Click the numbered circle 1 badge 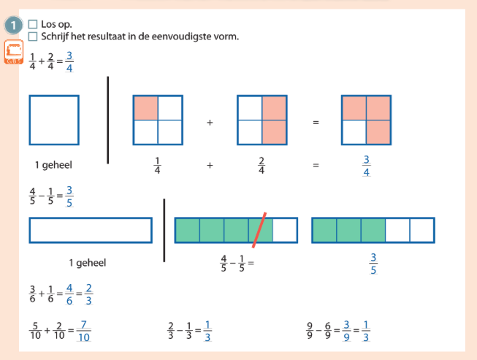14,26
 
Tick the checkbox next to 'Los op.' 32,24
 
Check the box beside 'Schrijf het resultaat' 32,37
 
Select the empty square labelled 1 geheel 54,120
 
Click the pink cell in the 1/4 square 145,108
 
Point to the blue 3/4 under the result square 366,166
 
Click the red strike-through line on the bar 259,229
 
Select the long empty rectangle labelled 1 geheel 91,230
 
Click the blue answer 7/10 83,332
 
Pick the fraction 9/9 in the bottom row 310,332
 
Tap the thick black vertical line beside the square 108,120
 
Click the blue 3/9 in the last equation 347,332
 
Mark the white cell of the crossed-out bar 285,230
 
